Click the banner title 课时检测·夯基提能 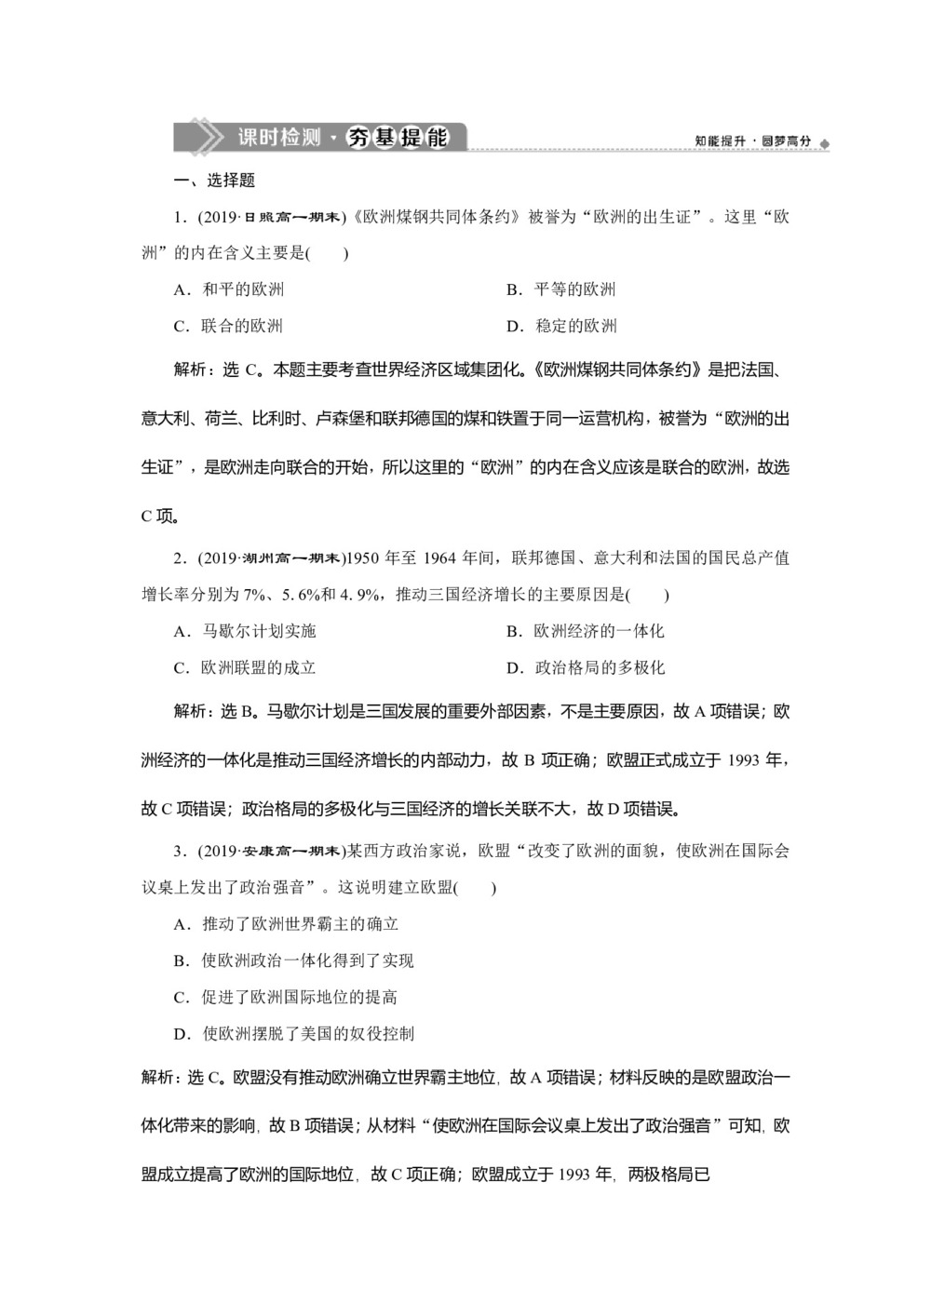[343, 138]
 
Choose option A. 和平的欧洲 [229, 289]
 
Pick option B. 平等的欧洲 [560, 289]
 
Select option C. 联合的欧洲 [228, 326]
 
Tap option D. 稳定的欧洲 [561, 326]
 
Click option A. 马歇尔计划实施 [245, 631]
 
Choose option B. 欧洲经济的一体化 [585, 631]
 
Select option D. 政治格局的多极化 [585, 667]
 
